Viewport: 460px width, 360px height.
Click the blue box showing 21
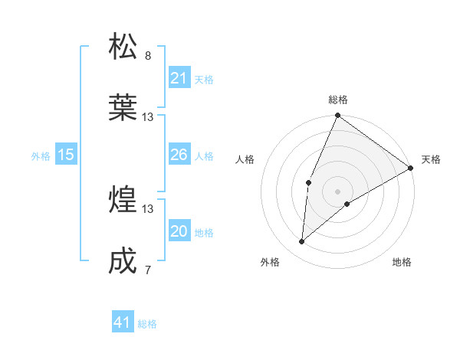[x=179, y=78]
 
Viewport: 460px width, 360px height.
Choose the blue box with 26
[x=179, y=155]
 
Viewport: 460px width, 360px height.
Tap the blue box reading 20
[x=179, y=232]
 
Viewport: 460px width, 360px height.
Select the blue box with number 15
[x=66, y=155]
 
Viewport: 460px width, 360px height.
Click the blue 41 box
[x=123, y=323]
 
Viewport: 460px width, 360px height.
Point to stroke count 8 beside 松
[x=148, y=55]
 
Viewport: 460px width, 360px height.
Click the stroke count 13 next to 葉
[x=148, y=117]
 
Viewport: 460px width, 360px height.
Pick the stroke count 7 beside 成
[x=148, y=270]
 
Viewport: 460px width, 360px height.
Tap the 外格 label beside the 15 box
[x=41, y=156]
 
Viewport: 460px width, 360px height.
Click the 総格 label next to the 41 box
[x=147, y=324]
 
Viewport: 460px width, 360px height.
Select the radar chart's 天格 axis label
[x=431, y=159]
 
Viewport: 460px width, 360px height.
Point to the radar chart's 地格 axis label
[x=402, y=262]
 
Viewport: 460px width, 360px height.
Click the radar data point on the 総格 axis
[x=337, y=116]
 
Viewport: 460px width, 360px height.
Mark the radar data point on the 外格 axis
[x=302, y=242]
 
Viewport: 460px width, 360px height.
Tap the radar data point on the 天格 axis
[x=411, y=168]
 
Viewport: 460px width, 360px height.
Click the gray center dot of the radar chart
[x=337, y=191]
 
